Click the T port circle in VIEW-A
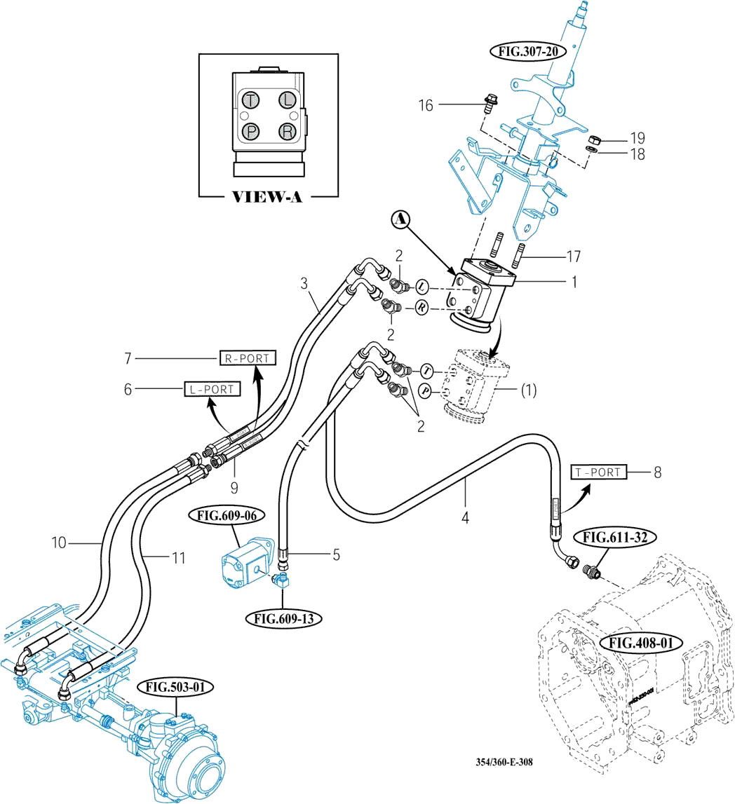point(250,100)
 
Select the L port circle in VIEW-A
point(286,100)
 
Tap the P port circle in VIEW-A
point(250,131)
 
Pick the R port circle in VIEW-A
point(286,131)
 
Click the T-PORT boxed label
point(597,472)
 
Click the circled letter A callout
point(400,220)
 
